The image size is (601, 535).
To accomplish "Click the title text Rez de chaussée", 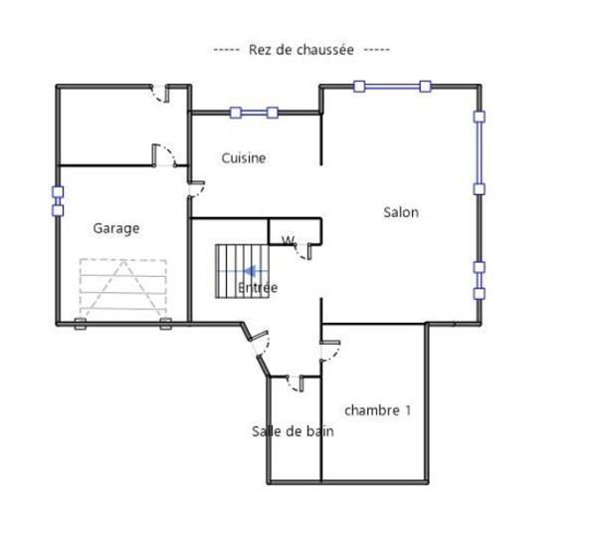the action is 301,50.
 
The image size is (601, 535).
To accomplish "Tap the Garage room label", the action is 116,228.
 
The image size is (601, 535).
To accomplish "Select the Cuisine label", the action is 244,158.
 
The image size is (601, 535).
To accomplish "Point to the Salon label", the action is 401,212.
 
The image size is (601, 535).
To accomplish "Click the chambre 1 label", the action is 377,410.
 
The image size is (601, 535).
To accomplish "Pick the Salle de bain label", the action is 293,431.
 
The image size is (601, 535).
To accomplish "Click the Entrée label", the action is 258,287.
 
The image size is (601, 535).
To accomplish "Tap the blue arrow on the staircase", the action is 251,271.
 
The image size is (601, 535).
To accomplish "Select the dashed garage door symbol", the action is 123,286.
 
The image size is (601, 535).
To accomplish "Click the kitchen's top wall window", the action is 254,113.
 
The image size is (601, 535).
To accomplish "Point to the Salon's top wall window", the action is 392,87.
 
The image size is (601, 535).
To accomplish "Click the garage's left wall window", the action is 58,201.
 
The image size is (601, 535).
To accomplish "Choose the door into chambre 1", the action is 330,350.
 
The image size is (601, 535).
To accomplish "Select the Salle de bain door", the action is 296,383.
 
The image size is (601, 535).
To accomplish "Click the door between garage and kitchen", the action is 196,189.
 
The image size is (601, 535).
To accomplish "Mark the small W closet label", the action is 289,241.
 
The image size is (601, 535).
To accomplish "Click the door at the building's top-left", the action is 160,94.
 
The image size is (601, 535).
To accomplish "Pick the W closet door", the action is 303,252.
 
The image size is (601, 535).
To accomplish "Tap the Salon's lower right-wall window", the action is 480,281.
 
